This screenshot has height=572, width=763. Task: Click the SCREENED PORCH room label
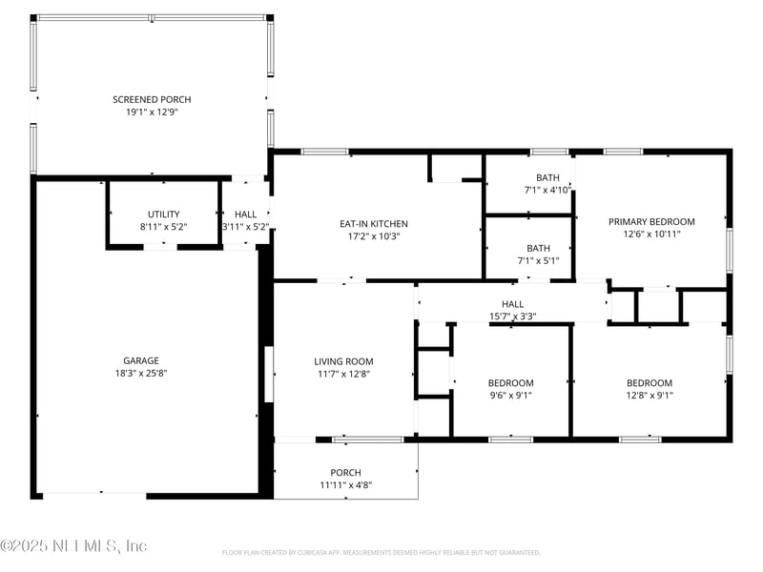[x=152, y=99]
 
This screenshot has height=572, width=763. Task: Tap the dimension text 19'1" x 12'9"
[x=152, y=112]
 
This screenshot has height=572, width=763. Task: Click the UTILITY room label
[x=163, y=214]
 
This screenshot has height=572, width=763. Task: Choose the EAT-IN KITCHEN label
[x=374, y=224]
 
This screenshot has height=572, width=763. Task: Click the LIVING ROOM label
[x=343, y=361]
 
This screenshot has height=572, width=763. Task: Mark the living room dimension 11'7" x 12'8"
[x=343, y=374]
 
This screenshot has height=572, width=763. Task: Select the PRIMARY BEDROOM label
[x=651, y=221]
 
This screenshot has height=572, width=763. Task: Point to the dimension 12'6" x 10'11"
[x=651, y=234]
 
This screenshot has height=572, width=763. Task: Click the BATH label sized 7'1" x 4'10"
[x=547, y=177]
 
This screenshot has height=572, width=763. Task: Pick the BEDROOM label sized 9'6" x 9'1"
[x=510, y=383]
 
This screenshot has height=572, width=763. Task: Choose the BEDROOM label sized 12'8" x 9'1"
[x=649, y=383]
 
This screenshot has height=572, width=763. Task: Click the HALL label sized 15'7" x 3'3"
[x=512, y=304]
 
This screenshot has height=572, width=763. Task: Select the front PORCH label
[x=345, y=473]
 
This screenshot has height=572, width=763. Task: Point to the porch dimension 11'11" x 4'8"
[x=345, y=485]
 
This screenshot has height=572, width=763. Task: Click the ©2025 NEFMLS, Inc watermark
[x=74, y=546]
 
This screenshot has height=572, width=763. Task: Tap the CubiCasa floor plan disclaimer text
[x=381, y=552]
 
